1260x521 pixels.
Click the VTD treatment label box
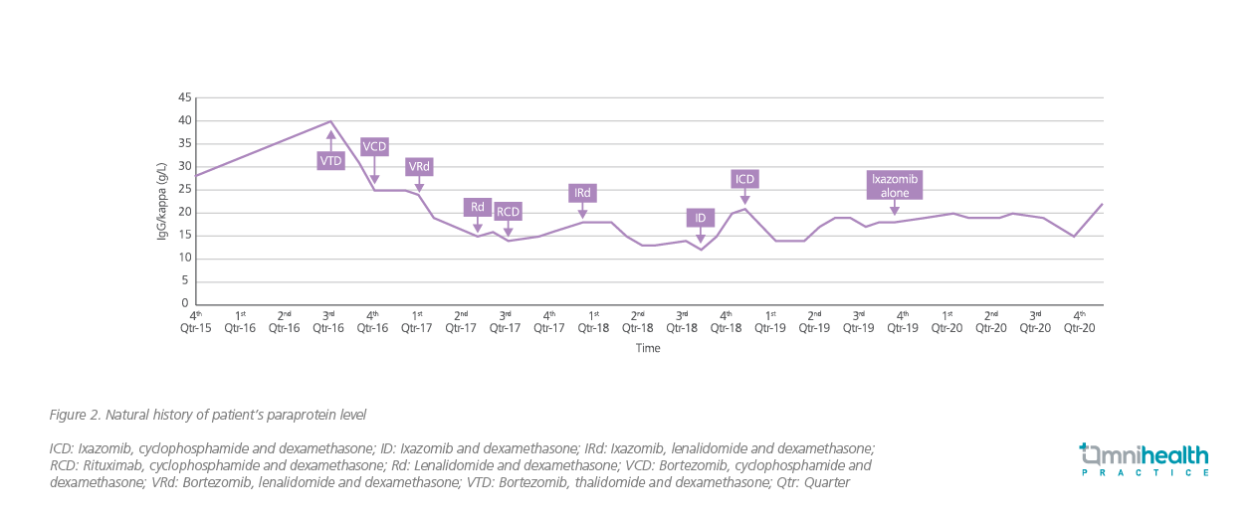(x=330, y=160)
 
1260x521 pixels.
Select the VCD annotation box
(x=374, y=146)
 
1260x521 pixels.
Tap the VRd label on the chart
(x=419, y=166)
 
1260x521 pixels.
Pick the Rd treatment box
(x=478, y=207)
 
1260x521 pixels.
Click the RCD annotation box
(x=508, y=211)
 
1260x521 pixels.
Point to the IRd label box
(x=582, y=192)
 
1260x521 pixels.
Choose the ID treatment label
(x=701, y=218)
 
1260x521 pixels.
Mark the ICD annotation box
(x=744, y=179)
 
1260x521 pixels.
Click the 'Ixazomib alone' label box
(x=895, y=185)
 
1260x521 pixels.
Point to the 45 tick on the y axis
(x=184, y=98)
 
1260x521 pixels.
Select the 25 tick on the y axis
(x=184, y=190)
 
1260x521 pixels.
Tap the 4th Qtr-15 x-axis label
(x=196, y=321)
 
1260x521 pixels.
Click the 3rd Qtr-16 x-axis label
(x=327, y=321)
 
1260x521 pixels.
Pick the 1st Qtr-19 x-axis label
(x=770, y=321)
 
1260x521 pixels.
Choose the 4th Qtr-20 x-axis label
(x=1080, y=321)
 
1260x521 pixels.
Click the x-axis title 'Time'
(x=649, y=348)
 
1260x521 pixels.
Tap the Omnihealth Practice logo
(x=1145, y=460)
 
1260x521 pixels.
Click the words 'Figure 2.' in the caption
(x=76, y=414)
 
